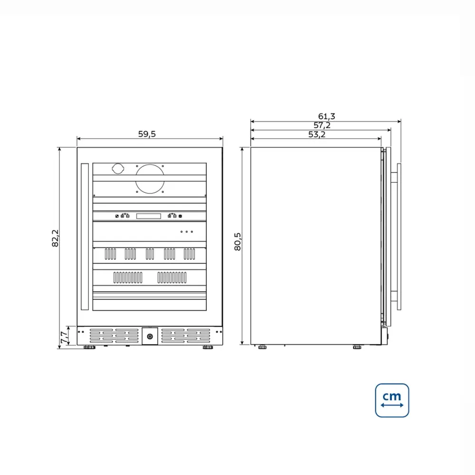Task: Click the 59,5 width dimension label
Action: click(147, 134)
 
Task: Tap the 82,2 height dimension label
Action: click(55, 238)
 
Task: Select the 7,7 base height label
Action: click(64, 337)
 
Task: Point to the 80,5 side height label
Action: click(237, 241)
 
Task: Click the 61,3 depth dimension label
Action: click(327, 116)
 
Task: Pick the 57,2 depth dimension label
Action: click(322, 125)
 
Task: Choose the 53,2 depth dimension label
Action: click(317, 134)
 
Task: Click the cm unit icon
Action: click(392, 400)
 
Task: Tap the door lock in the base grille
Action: click(150, 336)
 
